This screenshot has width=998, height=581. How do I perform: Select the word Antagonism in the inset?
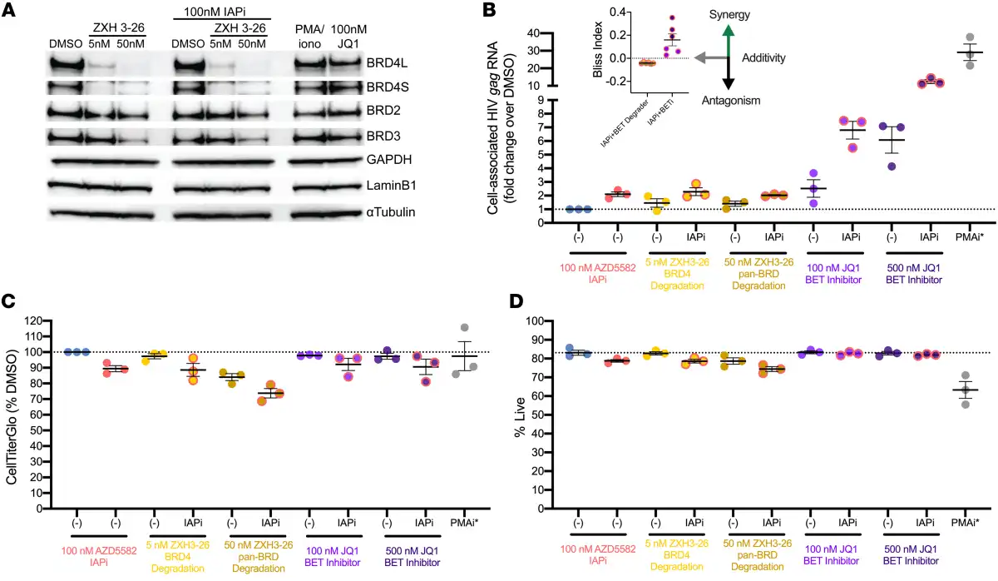(729, 100)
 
